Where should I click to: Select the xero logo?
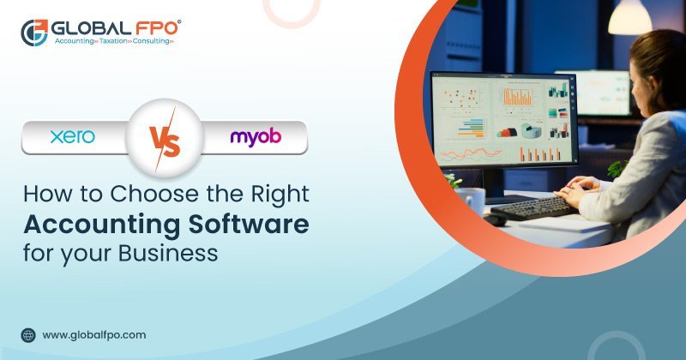(x=72, y=137)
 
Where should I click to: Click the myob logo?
(x=255, y=137)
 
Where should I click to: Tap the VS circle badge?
(x=164, y=137)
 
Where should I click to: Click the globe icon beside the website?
(x=28, y=335)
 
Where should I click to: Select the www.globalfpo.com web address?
(x=93, y=335)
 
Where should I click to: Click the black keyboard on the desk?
(x=533, y=207)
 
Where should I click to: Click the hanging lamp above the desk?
(x=629, y=15)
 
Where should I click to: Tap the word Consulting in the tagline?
(x=152, y=41)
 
